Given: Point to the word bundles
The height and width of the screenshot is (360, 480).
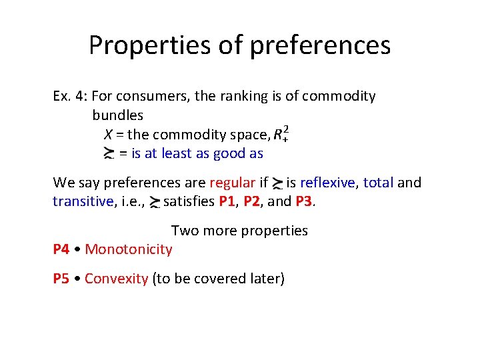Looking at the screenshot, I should tap(117, 115).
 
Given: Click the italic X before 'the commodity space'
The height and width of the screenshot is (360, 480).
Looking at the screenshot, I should tap(109, 135).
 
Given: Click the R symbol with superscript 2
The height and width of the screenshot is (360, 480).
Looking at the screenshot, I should tap(281, 134).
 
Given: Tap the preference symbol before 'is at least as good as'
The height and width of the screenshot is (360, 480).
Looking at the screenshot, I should tap(109, 154).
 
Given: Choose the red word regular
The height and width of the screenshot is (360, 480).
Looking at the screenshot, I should tap(232, 183).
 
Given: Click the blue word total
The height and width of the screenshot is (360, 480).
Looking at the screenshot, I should tap(378, 183).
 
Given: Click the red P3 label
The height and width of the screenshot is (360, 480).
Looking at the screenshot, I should tap(303, 201).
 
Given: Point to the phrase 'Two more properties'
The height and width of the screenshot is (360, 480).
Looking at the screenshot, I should tap(239, 231).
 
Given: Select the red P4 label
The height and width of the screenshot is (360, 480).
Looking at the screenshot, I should tap(61, 249).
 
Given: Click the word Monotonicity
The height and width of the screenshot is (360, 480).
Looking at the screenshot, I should tap(129, 249).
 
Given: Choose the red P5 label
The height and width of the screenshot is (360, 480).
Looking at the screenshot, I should tap(61, 279).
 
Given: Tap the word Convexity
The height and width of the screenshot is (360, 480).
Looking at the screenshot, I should tap(116, 279).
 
